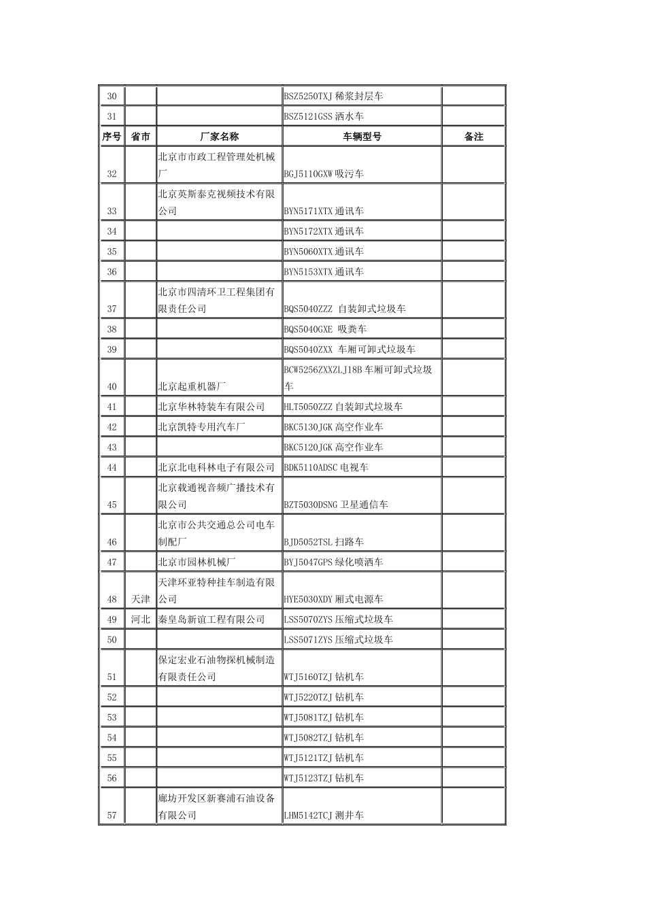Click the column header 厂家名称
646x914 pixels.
(x=219, y=137)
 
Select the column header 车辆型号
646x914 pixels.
(x=362, y=137)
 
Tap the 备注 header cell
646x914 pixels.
(x=473, y=137)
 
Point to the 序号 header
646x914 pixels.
(x=112, y=137)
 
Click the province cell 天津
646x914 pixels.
(x=141, y=599)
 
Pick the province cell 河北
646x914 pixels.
(x=141, y=620)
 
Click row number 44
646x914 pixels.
(x=112, y=468)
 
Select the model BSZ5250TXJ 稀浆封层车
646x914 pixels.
(x=333, y=97)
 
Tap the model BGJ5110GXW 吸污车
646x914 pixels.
(x=324, y=174)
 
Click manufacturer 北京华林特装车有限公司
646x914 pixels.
(x=211, y=407)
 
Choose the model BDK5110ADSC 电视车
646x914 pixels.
(x=326, y=468)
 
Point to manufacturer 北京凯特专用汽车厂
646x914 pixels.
(x=201, y=427)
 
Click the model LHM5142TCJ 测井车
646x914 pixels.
(x=324, y=815)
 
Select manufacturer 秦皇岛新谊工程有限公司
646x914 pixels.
(x=211, y=620)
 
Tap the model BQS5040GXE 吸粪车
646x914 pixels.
(x=325, y=329)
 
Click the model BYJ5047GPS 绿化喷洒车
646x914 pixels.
(x=333, y=562)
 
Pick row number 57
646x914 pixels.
(x=112, y=815)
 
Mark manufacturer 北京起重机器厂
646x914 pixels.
(x=192, y=386)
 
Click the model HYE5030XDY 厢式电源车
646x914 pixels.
(x=333, y=599)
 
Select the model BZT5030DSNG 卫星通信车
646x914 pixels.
(x=336, y=505)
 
